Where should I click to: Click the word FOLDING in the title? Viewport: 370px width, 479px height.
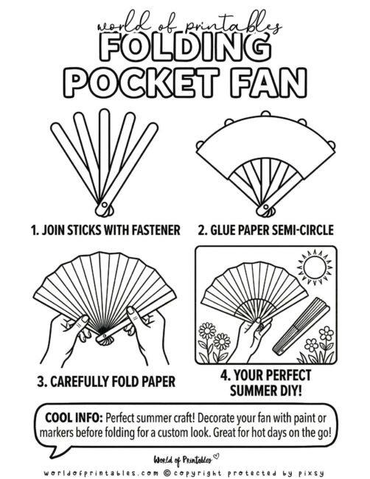click(185, 49)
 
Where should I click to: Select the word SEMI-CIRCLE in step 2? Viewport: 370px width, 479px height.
click(299, 229)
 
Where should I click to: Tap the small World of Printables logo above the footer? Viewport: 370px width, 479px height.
click(185, 455)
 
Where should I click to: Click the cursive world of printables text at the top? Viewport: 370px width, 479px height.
click(185, 27)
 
